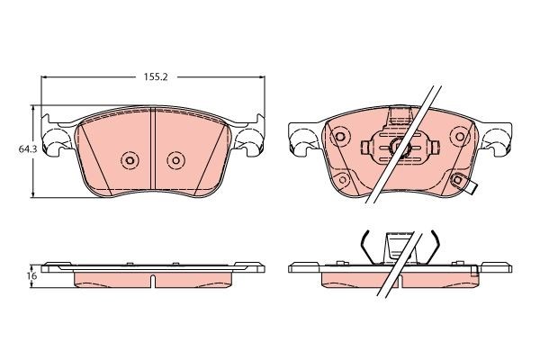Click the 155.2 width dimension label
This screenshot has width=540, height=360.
coord(156,76)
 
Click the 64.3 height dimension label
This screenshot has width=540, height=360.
coord(25,149)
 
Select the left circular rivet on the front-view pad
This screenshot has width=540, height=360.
coord(130,160)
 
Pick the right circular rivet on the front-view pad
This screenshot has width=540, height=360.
coord(176,160)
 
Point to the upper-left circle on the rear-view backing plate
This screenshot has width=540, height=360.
coord(339,137)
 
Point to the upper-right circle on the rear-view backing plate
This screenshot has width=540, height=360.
coord(460,137)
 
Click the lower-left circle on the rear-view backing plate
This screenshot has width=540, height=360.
coord(343,179)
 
